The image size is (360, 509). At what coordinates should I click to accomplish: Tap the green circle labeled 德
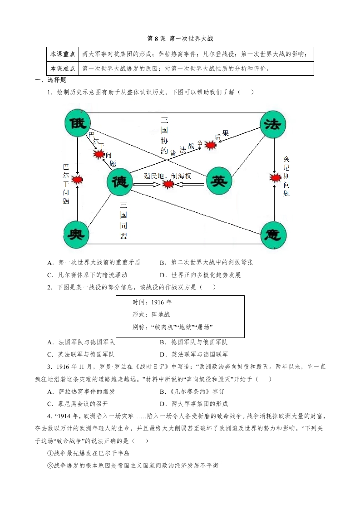[x=120, y=182]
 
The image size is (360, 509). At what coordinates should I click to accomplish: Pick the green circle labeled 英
[x=219, y=181]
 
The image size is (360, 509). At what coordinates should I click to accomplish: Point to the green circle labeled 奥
[x=77, y=235]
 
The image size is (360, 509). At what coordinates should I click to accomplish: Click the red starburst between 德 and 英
[x=168, y=184]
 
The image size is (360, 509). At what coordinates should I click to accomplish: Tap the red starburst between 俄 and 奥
[x=78, y=180]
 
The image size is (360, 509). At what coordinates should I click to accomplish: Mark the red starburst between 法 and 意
[x=275, y=177]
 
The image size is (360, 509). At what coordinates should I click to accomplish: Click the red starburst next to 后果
[x=210, y=145]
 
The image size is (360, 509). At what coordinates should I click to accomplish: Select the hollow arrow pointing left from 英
[x=189, y=184]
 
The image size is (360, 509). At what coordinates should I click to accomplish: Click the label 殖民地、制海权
[x=171, y=175]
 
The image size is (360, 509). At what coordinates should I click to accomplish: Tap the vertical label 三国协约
[x=164, y=135]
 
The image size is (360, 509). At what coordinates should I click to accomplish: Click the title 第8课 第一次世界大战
[x=180, y=39]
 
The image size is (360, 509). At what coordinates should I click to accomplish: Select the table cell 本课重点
[x=63, y=54]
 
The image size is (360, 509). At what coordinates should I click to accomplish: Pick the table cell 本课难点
[x=63, y=69]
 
